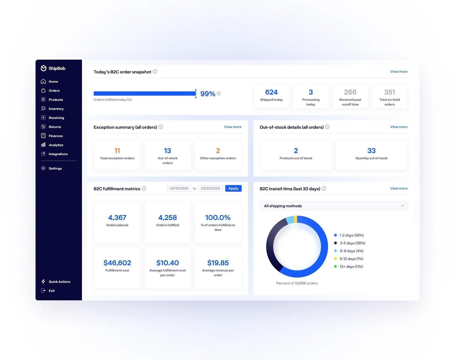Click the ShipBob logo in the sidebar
click(53, 68)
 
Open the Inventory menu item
click(56, 109)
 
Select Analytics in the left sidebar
click(56, 145)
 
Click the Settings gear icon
click(43, 168)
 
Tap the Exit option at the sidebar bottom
click(51, 291)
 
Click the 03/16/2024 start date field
click(179, 188)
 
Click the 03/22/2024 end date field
click(210, 188)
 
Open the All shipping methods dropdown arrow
click(402, 206)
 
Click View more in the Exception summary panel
click(233, 127)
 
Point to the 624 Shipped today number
click(271, 92)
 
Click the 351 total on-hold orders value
click(389, 92)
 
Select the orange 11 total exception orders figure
click(117, 151)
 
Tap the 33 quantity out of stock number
click(371, 151)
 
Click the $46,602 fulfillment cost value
click(117, 263)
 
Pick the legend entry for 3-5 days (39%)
click(352, 243)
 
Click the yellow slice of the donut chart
click(295, 219)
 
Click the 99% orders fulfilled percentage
click(208, 94)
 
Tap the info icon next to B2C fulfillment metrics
click(144, 188)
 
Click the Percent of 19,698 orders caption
click(297, 283)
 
